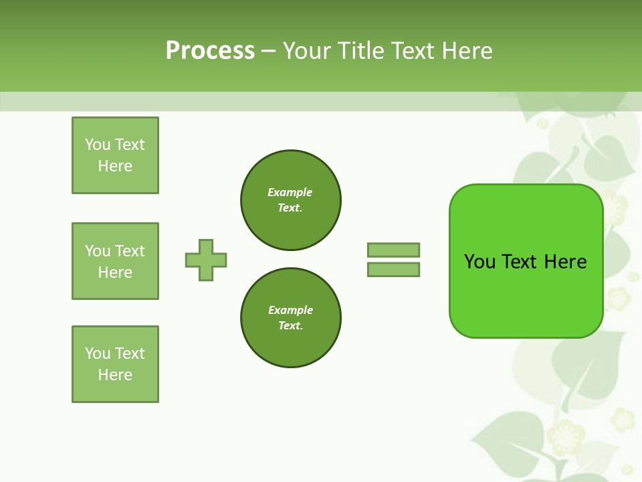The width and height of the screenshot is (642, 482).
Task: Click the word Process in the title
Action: (210, 51)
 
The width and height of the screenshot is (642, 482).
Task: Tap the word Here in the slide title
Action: (465, 51)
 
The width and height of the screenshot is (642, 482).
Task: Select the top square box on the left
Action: (115, 155)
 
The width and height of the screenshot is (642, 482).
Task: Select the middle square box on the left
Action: (115, 261)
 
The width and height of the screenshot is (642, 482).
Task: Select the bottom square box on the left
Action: (115, 364)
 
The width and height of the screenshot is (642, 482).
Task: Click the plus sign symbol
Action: (206, 260)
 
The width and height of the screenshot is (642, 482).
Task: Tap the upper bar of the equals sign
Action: (393, 250)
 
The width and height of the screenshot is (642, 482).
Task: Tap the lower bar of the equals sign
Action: (393, 270)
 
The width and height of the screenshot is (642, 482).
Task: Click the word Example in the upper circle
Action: (290, 192)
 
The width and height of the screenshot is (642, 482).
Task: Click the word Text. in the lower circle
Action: (290, 326)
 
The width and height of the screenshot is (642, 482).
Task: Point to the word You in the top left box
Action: (98, 145)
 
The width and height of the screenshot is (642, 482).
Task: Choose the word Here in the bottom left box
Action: (115, 375)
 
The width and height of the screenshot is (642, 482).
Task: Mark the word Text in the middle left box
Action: (130, 251)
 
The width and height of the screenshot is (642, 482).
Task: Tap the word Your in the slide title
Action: (306, 51)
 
